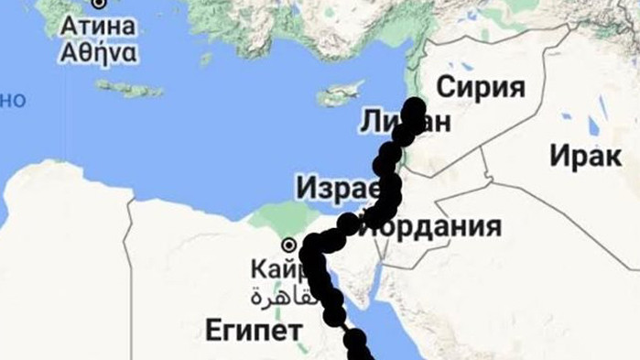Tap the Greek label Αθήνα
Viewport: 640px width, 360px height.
point(99,52)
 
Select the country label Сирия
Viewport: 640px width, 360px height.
point(481,89)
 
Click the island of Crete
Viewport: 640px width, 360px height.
point(128,89)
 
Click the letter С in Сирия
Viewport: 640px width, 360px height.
point(446,89)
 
